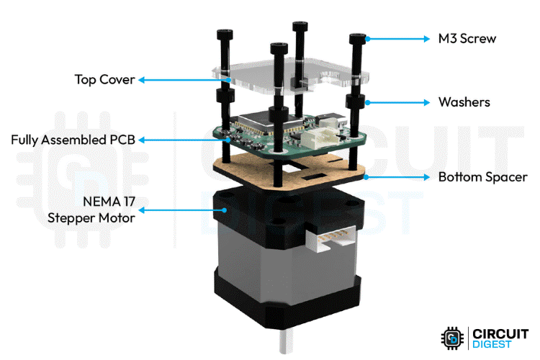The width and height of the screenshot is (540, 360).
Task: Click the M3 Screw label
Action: point(467,39)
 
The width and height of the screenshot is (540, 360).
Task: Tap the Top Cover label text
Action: point(104,79)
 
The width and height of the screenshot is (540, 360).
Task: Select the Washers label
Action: point(464,102)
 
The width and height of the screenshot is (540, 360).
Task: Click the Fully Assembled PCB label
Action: point(72,139)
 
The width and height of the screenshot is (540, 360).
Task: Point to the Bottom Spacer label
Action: point(483,176)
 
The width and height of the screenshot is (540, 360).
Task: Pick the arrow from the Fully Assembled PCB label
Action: point(180,139)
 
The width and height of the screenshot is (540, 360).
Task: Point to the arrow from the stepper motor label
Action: point(184,210)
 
